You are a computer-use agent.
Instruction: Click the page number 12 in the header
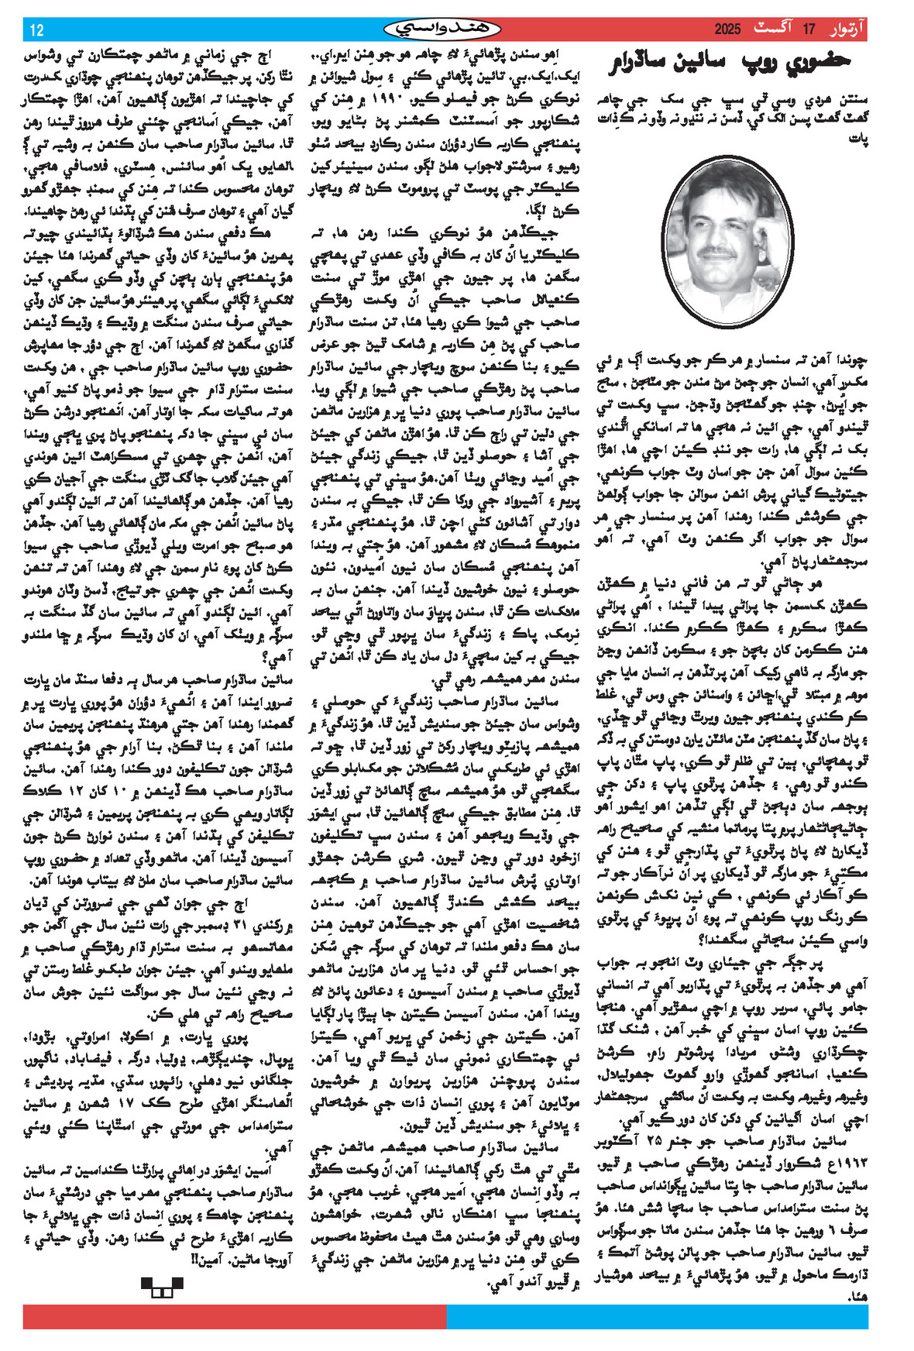click(x=36, y=30)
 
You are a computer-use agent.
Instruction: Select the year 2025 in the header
click(x=727, y=30)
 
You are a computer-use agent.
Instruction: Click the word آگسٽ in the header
click(x=778, y=30)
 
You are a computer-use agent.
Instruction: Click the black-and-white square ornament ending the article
click(x=161, y=1287)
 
